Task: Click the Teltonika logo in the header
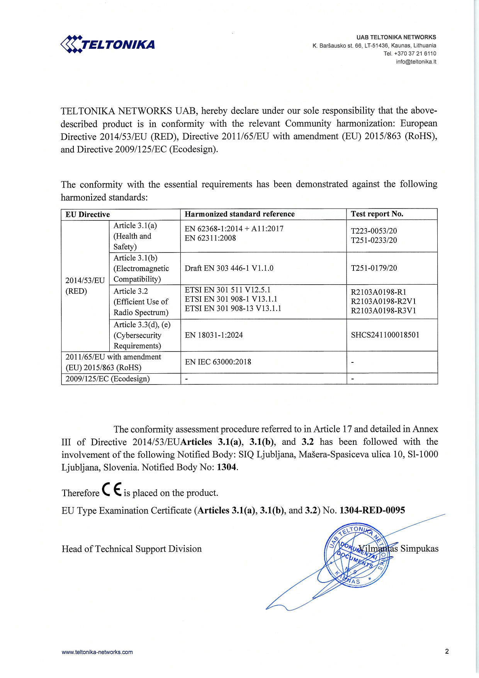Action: tap(108, 44)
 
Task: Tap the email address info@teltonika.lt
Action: tap(416, 62)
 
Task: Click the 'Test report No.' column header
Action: tap(377, 214)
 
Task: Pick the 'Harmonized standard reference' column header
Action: tap(239, 214)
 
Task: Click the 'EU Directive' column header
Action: tap(88, 214)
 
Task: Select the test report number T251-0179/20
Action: tap(374, 268)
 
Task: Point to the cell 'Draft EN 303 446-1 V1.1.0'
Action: tap(229, 268)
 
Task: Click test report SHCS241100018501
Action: tap(385, 335)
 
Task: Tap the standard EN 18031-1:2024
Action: tap(214, 335)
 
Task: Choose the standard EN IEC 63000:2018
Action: tap(218, 362)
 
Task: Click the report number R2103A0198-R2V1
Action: tap(383, 301)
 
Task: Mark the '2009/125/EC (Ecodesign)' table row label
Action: tap(107, 379)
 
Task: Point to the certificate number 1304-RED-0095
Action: tap(372, 510)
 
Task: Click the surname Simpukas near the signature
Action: tap(419, 548)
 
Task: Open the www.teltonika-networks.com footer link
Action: tap(97, 652)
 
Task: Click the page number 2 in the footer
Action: tap(447, 651)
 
